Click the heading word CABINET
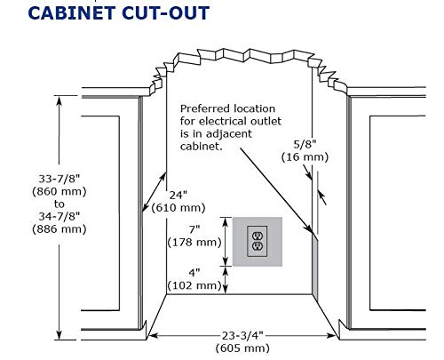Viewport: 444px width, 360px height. pyautogui.click(x=71, y=13)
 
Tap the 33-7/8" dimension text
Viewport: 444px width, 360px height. pyautogui.click(x=59, y=179)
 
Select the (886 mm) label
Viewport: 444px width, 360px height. pyautogui.click(x=59, y=229)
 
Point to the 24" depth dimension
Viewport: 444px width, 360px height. pyautogui.click(x=178, y=196)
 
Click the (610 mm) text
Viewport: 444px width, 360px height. pyautogui.click(x=178, y=208)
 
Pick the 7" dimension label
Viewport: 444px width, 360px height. pyautogui.click(x=194, y=229)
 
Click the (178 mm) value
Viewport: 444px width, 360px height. pyautogui.click(x=194, y=243)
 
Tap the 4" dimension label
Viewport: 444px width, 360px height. pyautogui.click(x=194, y=273)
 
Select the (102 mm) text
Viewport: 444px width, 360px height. pyautogui.click(x=194, y=285)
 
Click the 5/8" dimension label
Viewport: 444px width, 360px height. pyautogui.click(x=305, y=144)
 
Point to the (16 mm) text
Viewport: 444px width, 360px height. pyautogui.click(x=305, y=156)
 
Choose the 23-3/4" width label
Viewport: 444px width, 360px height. pyautogui.click(x=242, y=336)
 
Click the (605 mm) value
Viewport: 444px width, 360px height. pyautogui.click(x=242, y=348)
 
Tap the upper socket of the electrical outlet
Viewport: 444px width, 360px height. pyautogui.click(x=258, y=236)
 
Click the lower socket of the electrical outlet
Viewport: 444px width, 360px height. pyautogui.click(x=258, y=246)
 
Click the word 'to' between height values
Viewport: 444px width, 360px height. pyautogui.click(x=59, y=204)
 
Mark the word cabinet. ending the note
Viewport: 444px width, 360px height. pyautogui.click(x=202, y=146)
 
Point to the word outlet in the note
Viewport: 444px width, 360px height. pyautogui.click(x=266, y=121)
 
